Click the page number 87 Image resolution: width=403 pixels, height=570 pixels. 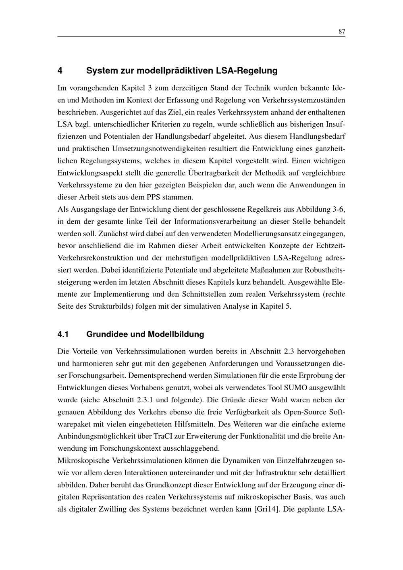[x=341, y=32]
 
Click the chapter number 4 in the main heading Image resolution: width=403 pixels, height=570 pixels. [x=60, y=71]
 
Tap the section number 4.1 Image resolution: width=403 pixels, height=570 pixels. [x=63, y=334]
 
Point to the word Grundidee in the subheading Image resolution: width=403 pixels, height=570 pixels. [x=107, y=334]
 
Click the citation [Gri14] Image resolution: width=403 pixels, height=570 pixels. [x=267, y=509]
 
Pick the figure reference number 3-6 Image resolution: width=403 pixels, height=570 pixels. [x=339, y=210]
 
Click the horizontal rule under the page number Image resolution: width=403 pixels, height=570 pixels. [x=201, y=37]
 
